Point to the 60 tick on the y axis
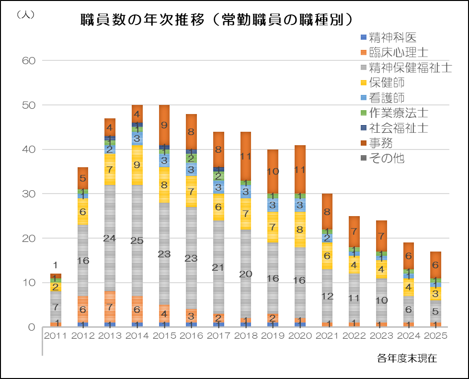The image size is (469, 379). coord(30,61)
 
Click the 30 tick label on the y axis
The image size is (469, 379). coord(30,194)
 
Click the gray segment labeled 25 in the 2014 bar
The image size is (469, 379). coord(137,241)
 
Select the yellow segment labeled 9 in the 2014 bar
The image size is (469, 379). coord(137,165)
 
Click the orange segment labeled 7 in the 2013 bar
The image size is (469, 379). coord(110,307)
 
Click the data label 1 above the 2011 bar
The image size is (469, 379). coord(56,265)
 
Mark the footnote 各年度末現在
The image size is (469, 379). coord(407,358)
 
